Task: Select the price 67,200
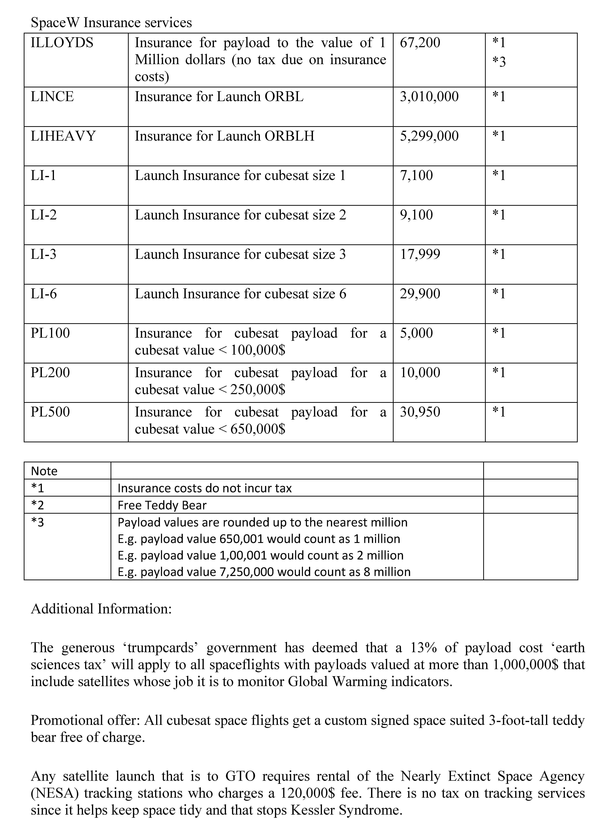pos(420,43)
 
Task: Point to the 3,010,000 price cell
pos(429,97)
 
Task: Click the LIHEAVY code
pos(63,136)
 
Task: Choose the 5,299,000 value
pos(429,136)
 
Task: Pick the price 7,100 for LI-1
pos(416,175)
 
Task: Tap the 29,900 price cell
pos(420,294)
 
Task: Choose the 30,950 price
pos(420,412)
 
